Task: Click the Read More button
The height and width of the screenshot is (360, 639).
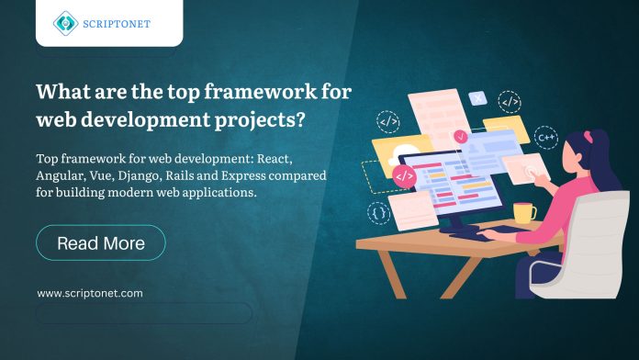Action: pyautogui.click(x=101, y=243)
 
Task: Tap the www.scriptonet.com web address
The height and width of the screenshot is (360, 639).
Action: pyautogui.click(x=90, y=293)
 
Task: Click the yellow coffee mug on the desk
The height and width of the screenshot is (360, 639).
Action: pyautogui.click(x=524, y=213)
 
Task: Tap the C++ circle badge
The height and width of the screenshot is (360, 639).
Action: pyautogui.click(x=547, y=140)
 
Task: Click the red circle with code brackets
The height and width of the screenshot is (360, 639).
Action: pyautogui.click(x=403, y=174)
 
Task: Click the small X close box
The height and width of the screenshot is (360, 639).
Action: pyautogui.click(x=476, y=96)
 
